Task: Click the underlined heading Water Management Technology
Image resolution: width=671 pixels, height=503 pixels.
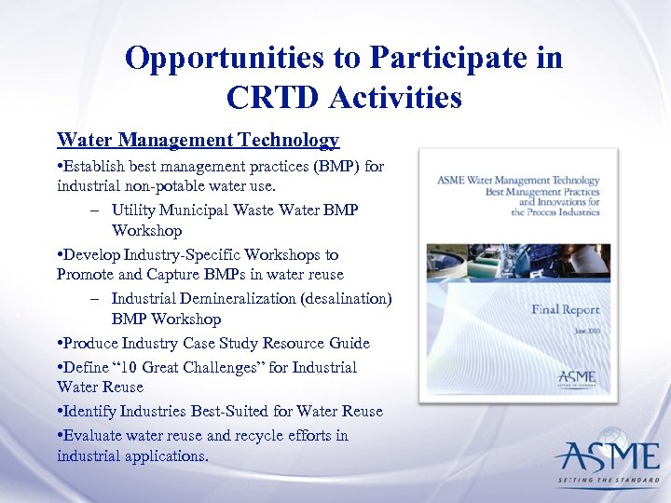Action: pyautogui.click(x=198, y=141)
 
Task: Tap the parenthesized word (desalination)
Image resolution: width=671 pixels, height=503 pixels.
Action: pyautogui.click(x=350, y=299)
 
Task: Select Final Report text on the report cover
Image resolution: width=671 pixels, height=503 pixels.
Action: pyautogui.click(x=565, y=309)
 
